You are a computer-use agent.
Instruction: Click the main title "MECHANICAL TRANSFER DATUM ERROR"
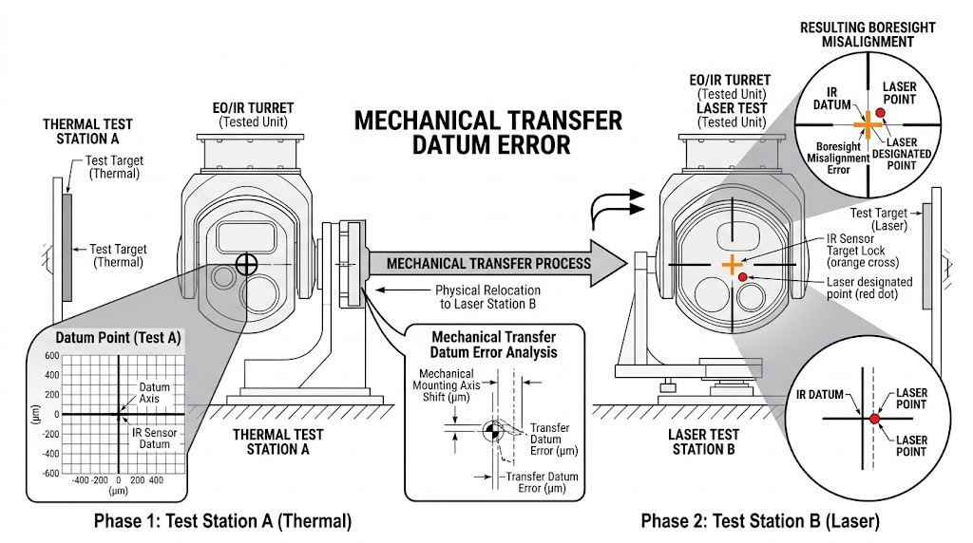(488, 132)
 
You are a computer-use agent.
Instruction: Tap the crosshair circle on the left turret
(246, 264)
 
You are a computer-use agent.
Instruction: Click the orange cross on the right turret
(731, 264)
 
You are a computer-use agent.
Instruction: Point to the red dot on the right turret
(742, 276)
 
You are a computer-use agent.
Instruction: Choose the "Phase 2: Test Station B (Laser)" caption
(760, 521)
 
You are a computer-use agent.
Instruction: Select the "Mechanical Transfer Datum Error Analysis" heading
(494, 345)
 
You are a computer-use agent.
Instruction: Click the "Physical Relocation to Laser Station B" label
(487, 296)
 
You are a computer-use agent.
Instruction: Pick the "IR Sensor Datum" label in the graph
(156, 439)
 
